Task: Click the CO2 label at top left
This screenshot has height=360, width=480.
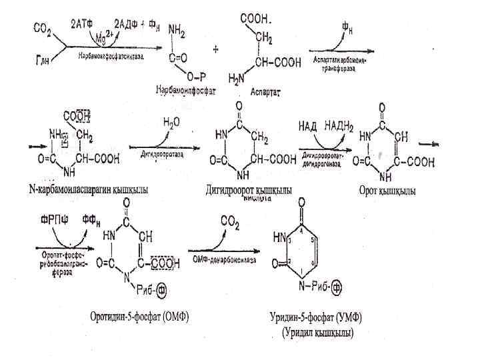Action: click(41, 29)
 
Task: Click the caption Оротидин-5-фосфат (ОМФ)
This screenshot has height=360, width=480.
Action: click(139, 316)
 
